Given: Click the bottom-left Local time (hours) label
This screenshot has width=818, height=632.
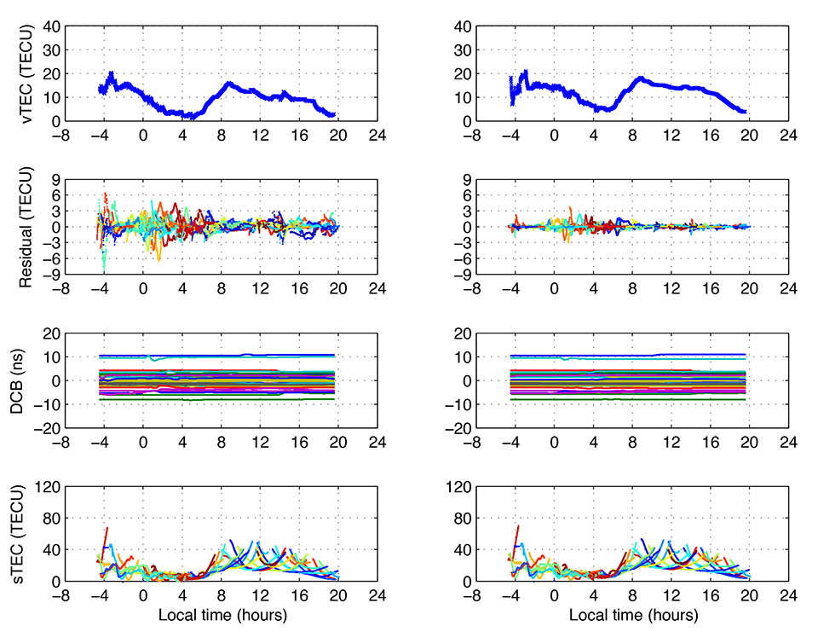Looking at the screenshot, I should pos(221,614).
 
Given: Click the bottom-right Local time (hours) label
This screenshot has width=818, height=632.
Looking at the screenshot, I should pos(632,614).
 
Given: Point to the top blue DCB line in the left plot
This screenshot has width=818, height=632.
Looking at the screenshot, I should pos(213,355).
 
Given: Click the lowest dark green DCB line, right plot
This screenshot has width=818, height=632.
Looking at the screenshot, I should pos(631,399).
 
